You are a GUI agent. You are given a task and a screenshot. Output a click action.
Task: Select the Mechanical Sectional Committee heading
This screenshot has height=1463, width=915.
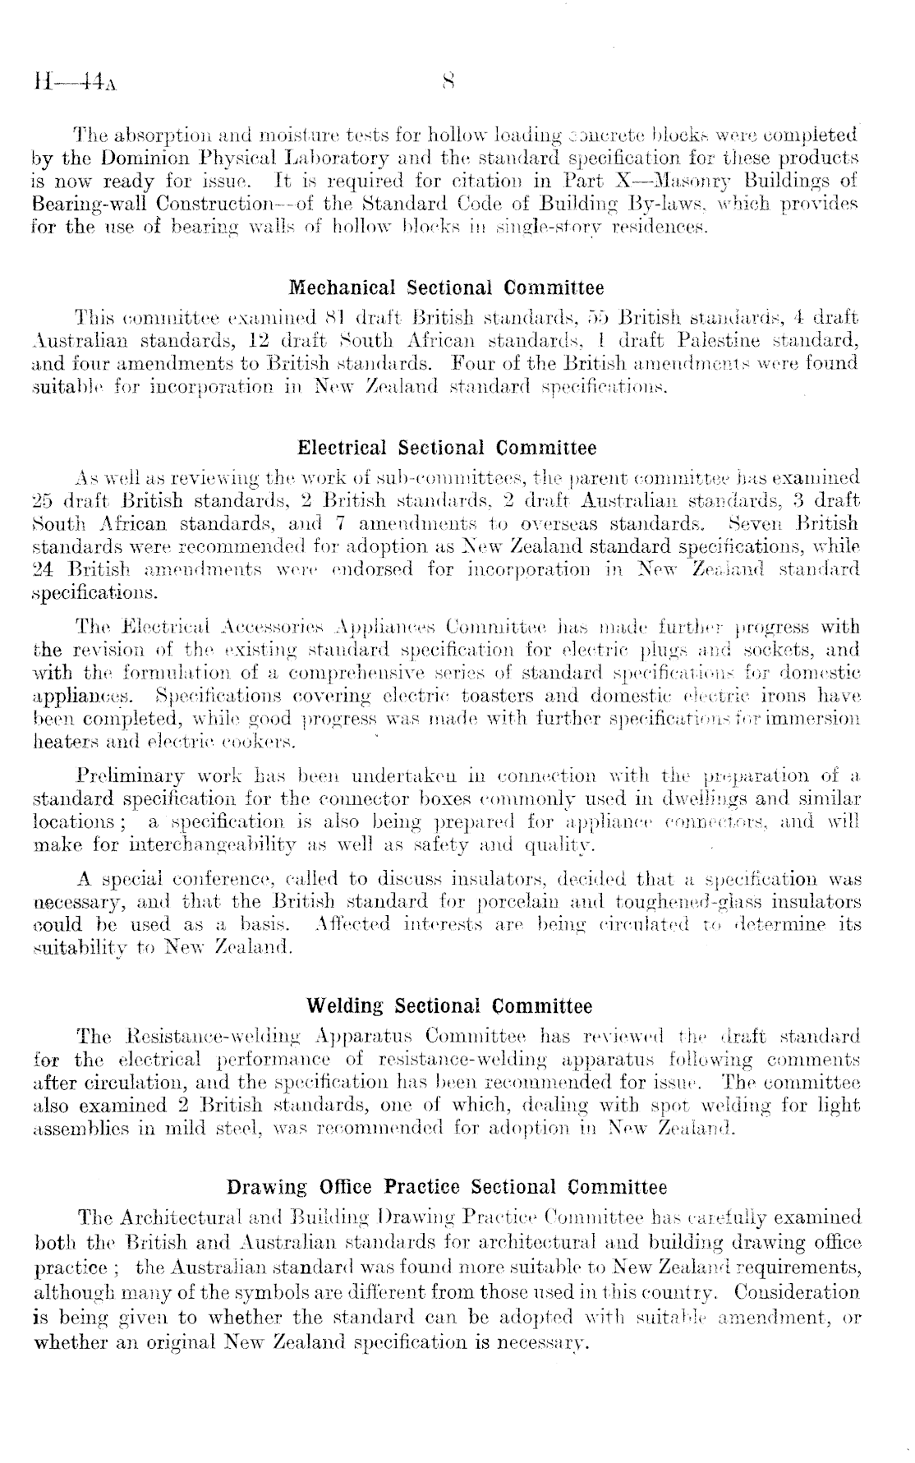(x=447, y=288)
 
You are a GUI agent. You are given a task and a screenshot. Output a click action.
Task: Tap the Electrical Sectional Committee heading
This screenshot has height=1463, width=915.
(x=447, y=448)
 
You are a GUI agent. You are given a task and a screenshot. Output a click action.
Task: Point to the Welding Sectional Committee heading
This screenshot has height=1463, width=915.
(x=448, y=1006)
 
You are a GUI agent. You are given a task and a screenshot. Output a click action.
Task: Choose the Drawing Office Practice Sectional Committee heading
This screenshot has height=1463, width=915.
(x=447, y=1187)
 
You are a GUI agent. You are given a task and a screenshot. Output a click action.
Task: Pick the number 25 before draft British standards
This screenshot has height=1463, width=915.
(x=43, y=501)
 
